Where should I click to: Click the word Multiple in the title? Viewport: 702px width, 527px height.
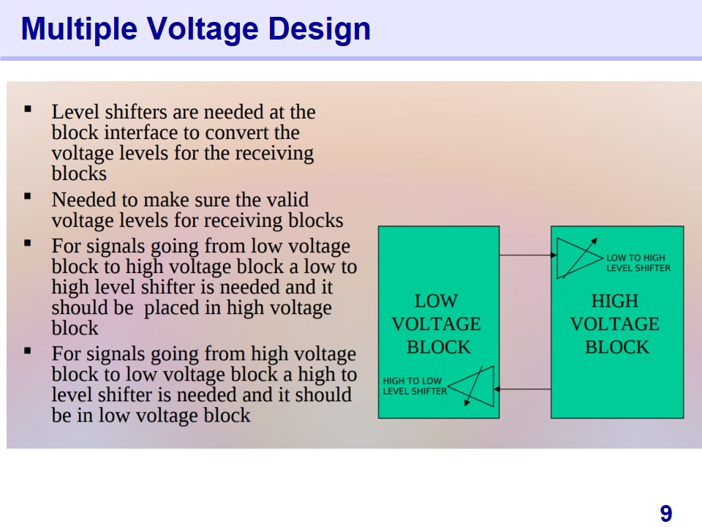click(79, 29)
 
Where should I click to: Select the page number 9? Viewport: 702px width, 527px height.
click(665, 514)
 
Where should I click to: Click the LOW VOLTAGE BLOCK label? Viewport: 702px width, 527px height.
click(437, 324)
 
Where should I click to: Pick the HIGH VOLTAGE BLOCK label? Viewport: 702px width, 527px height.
click(615, 324)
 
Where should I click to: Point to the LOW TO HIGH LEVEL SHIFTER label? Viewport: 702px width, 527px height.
click(638, 263)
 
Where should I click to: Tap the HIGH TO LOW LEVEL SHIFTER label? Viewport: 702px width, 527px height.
click(415, 386)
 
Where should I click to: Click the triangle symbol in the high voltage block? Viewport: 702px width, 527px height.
click(579, 258)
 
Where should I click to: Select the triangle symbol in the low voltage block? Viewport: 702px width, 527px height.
click(471, 386)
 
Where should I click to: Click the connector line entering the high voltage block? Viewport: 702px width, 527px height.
click(527, 255)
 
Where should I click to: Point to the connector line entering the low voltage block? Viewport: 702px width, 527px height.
click(522, 389)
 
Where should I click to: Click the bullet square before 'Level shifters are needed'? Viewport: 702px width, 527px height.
click(28, 109)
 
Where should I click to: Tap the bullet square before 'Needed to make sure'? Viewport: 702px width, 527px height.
click(28, 196)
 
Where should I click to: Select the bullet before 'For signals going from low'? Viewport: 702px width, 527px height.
click(28, 243)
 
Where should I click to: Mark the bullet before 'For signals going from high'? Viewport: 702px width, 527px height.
click(28, 351)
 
